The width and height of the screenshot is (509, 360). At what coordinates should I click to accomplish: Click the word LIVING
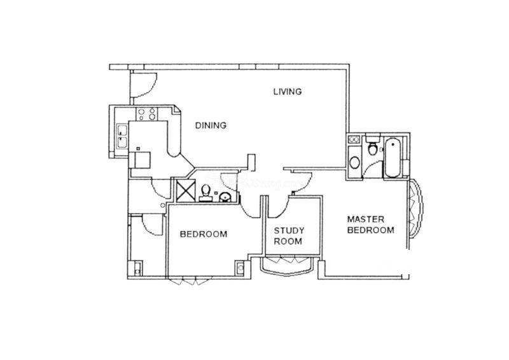288,92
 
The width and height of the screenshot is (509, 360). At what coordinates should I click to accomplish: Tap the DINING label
211,125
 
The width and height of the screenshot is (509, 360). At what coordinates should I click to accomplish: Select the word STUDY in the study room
289,231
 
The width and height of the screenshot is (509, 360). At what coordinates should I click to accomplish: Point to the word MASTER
365,219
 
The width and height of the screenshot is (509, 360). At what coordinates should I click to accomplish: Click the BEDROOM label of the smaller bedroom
204,234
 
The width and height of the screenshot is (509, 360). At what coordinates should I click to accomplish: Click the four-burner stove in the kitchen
147,114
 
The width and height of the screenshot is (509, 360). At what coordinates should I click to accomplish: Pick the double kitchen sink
122,136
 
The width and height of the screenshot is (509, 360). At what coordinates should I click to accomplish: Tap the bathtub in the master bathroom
392,158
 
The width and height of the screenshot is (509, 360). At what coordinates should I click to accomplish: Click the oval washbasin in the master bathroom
354,162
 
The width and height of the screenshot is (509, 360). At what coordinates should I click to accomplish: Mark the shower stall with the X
186,191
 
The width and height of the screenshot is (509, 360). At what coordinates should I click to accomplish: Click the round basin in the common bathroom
225,197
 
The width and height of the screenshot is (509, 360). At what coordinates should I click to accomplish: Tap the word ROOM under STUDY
288,242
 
